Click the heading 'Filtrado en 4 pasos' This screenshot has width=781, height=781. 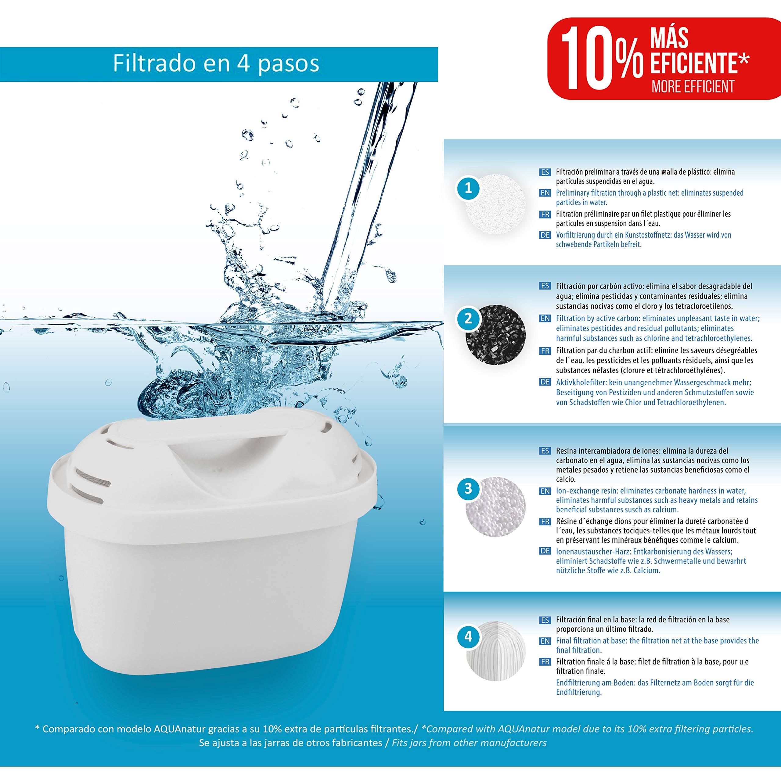(x=216, y=63)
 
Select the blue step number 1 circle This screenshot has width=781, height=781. (x=468, y=188)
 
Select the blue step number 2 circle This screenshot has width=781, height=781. (x=468, y=319)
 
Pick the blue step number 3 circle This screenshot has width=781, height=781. (x=468, y=489)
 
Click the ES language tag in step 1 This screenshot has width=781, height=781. (x=545, y=172)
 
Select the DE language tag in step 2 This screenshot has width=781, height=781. (x=545, y=382)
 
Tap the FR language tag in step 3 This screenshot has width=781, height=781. (x=545, y=521)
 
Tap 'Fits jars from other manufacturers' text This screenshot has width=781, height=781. (x=469, y=743)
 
